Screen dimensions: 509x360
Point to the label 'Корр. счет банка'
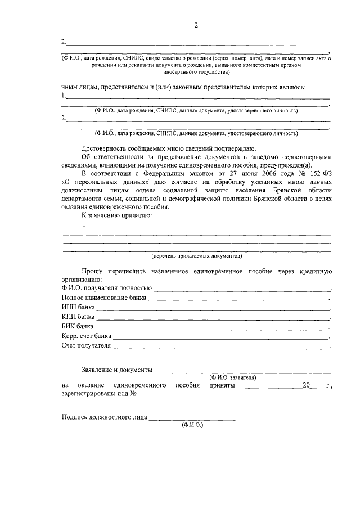[x=87, y=336]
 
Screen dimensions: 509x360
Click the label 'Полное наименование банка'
[x=104, y=298]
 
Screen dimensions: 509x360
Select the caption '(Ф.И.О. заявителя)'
[x=233, y=377]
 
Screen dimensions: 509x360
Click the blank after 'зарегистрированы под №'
[x=156, y=395]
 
